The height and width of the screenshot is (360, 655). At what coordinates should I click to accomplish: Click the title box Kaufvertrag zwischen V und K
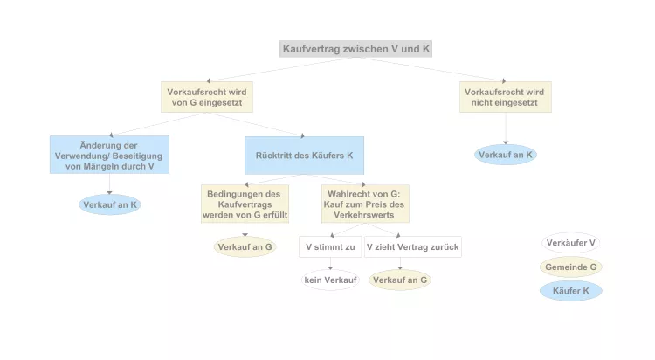(356, 49)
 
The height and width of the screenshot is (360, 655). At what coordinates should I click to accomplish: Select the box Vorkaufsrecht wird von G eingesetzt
(207, 97)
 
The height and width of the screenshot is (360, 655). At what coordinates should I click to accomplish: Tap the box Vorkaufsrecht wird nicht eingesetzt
(506, 97)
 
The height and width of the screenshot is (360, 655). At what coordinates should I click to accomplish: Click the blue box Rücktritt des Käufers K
(304, 155)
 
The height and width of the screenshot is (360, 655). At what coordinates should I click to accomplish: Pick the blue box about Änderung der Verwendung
(109, 155)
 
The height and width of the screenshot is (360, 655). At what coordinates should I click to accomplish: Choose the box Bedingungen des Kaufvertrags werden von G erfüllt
(245, 204)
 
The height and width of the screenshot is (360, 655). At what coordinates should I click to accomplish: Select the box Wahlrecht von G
(365, 204)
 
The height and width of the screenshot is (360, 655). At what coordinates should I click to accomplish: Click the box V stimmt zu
(329, 247)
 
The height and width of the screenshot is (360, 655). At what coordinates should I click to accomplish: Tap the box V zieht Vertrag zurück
(412, 247)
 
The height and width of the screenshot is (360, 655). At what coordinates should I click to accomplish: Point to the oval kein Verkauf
(329, 280)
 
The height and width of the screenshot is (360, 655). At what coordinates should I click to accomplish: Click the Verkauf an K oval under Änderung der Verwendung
(109, 204)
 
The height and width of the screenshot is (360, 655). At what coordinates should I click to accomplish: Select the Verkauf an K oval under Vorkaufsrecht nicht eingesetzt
(506, 155)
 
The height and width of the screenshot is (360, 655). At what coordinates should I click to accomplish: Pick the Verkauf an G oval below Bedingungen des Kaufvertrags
(245, 247)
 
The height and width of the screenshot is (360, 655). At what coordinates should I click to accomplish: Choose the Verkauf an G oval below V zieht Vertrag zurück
(399, 280)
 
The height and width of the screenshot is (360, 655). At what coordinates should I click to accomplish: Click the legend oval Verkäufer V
(570, 243)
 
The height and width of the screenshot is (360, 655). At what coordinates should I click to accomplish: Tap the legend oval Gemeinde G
(570, 267)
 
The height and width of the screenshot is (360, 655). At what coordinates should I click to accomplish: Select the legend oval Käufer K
(570, 290)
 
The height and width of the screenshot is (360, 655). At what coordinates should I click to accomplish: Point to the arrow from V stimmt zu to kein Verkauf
(329, 264)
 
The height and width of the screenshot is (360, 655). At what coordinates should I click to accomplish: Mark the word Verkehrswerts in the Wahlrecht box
(365, 215)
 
